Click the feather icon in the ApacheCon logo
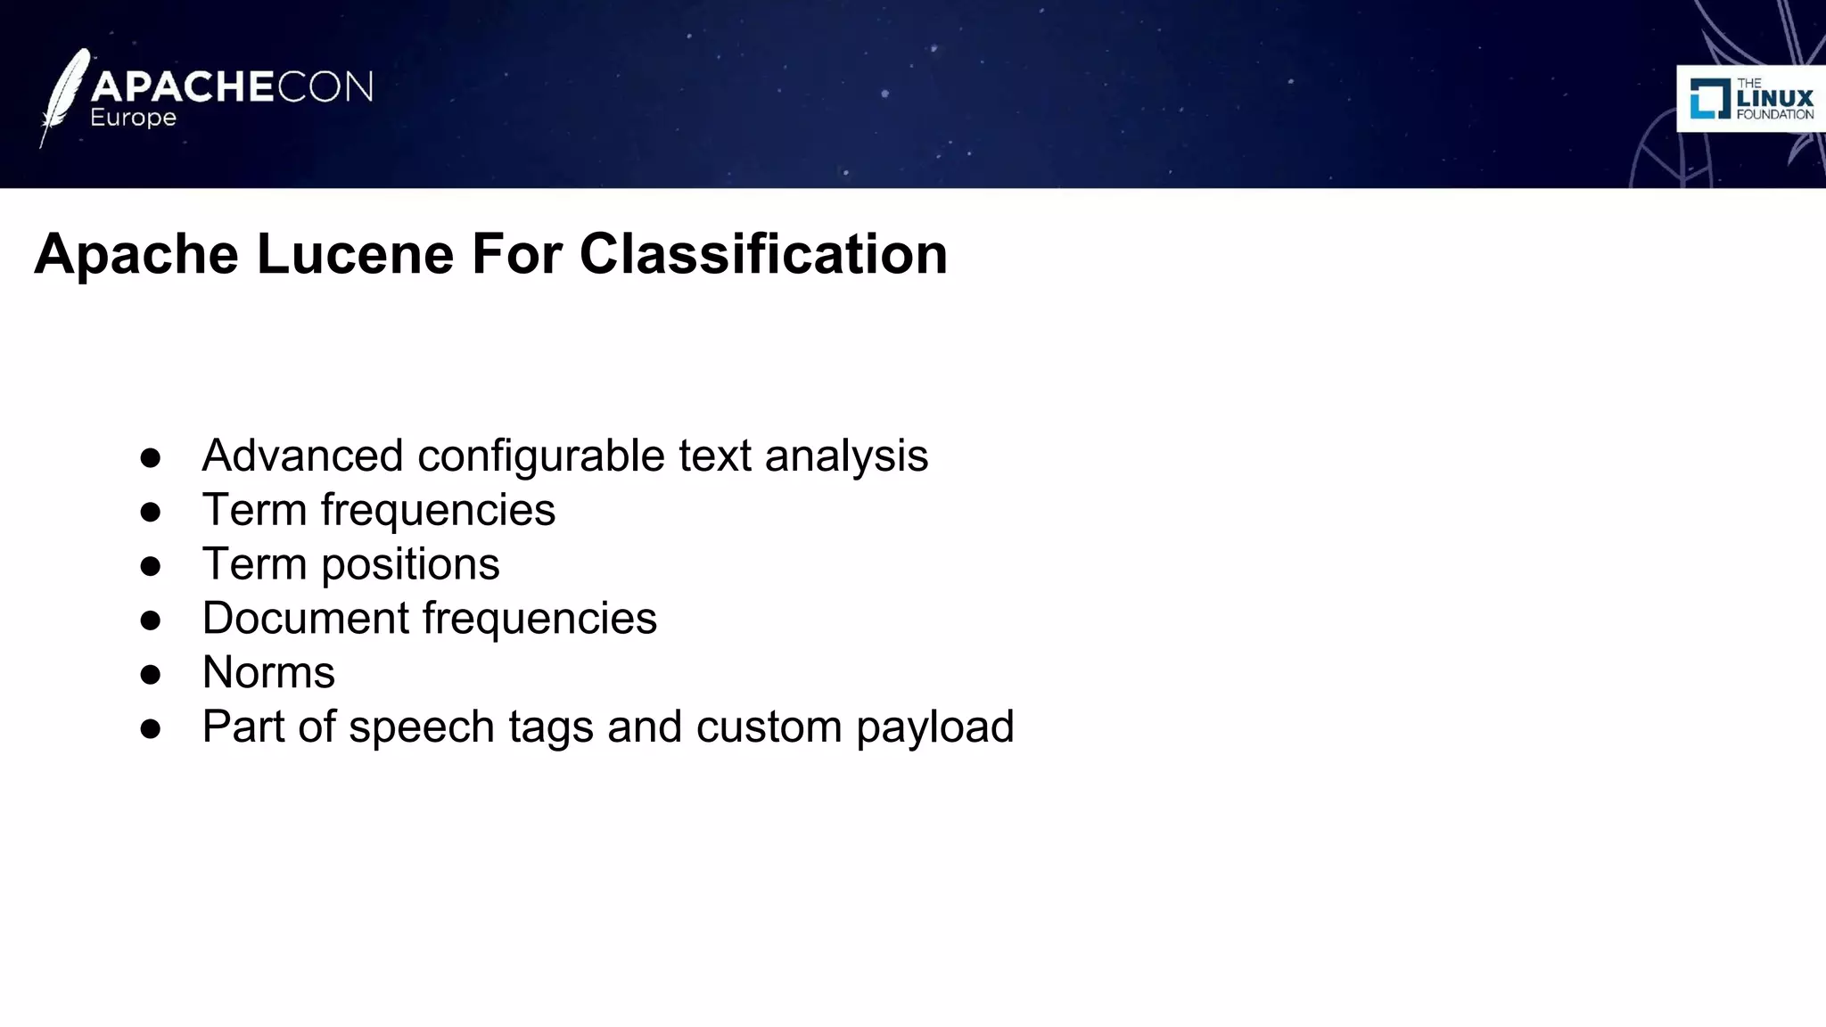coord(64,96)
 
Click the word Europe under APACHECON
coord(133,118)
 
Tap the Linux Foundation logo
coord(1751,98)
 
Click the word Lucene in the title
coord(355,254)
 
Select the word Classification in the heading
coord(763,254)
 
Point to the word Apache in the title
coord(136,254)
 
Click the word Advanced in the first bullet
coord(302,456)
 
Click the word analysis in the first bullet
coord(846,456)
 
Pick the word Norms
coord(268,672)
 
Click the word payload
coord(935,727)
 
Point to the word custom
coord(769,727)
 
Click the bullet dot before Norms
coord(150,674)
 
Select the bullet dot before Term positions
coord(150,566)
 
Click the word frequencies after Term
coord(438,510)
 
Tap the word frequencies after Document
coord(539,618)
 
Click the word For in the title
coord(517,254)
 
